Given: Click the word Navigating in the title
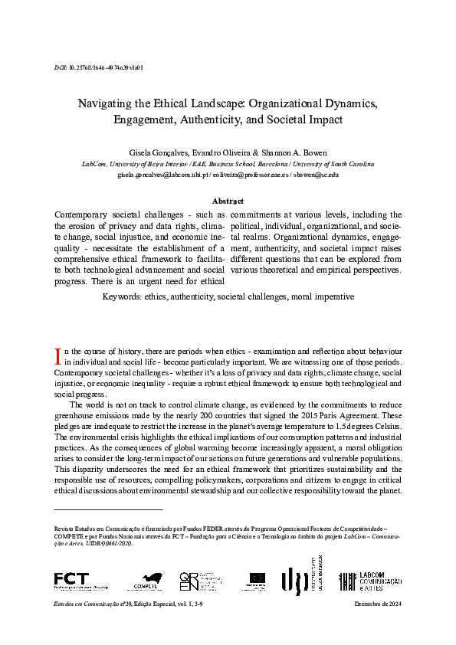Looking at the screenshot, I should pos(113,103).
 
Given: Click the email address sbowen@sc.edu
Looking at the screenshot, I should pos(313,175).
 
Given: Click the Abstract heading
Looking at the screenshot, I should pos(228,201).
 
